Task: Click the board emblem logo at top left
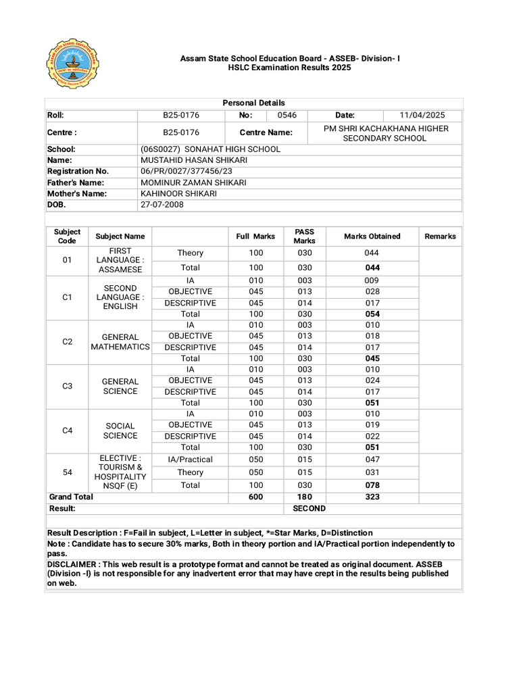(x=72, y=68)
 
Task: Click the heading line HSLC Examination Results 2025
(x=290, y=69)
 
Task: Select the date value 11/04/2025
(x=422, y=116)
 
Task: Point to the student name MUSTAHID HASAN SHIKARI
(x=193, y=160)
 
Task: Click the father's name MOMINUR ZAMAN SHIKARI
(x=193, y=182)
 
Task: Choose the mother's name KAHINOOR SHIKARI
(x=178, y=194)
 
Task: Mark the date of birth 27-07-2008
(x=162, y=205)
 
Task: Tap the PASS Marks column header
(x=304, y=237)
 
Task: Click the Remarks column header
(x=440, y=237)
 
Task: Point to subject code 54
(x=67, y=472)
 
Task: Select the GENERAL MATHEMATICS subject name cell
(x=120, y=342)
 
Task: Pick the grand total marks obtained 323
(x=372, y=497)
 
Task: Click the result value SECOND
(x=309, y=508)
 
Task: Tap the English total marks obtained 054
(x=372, y=314)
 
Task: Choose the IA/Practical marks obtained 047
(x=372, y=460)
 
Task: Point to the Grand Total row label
(x=71, y=497)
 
